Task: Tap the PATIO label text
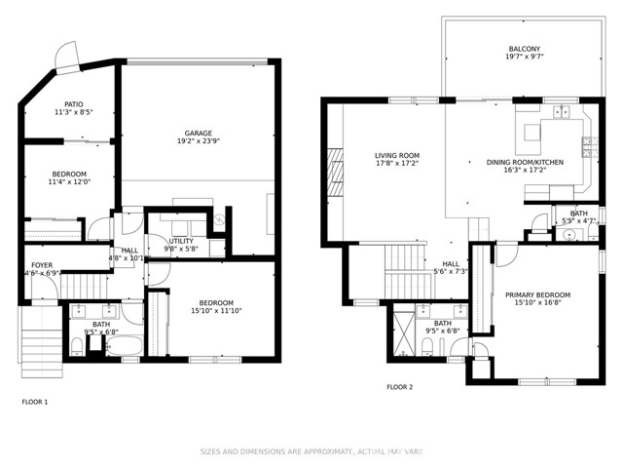point(74,103)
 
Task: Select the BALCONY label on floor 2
point(524,50)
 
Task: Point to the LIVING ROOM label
point(397,155)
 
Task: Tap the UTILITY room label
point(181,241)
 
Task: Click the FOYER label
point(42,265)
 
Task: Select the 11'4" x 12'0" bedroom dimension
point(69,182)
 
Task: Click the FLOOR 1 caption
point(34,402)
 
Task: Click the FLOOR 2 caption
point(399,387)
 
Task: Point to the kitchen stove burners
point(588,147)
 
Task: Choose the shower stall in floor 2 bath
point(403,330)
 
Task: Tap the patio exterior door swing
point(65,57)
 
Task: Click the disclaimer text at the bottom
point(311,451)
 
